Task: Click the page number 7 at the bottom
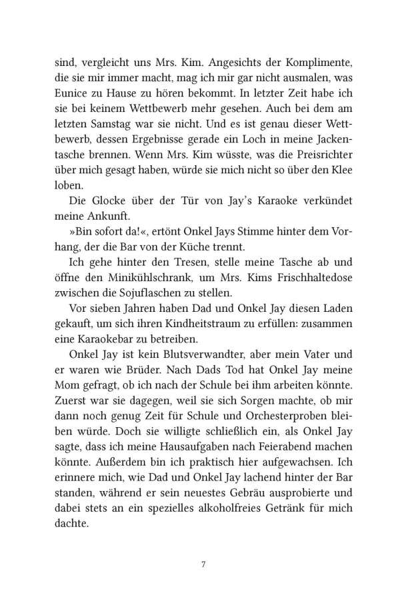[201, 566]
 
